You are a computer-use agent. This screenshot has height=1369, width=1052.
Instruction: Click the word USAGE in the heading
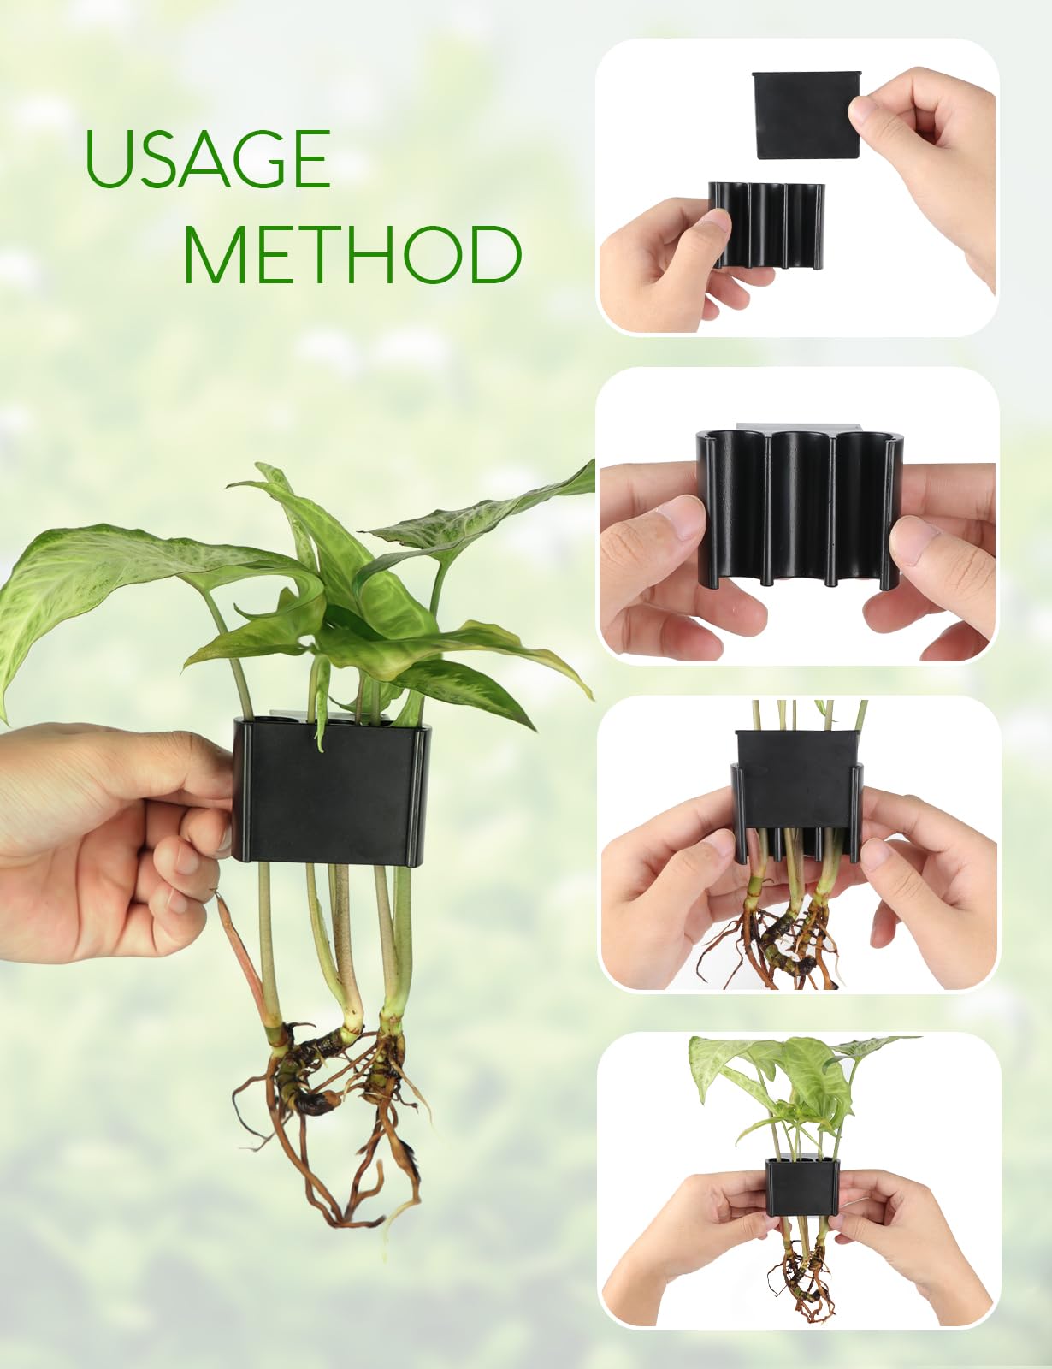tap(208, 159)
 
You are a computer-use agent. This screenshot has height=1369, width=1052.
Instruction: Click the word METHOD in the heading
tap(352, 254)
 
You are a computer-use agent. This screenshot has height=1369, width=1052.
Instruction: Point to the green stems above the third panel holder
tap(795, 714)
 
